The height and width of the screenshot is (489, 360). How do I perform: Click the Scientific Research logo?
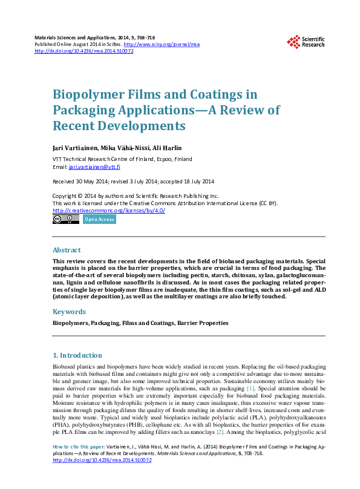coord(305,41)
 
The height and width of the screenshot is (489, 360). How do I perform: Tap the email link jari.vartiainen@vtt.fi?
coord(94,166)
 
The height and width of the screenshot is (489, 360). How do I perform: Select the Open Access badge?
coord(99,219)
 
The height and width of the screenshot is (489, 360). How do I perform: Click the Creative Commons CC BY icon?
coord(66,219)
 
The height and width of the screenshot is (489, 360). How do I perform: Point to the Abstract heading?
coord(67,250)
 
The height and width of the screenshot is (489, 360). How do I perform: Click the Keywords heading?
coord(70,312)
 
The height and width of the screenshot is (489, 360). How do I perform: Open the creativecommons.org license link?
coord(109,210)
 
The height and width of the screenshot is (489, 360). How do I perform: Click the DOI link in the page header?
coord(84,51)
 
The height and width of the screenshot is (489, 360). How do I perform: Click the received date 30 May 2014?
coord(90,181)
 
